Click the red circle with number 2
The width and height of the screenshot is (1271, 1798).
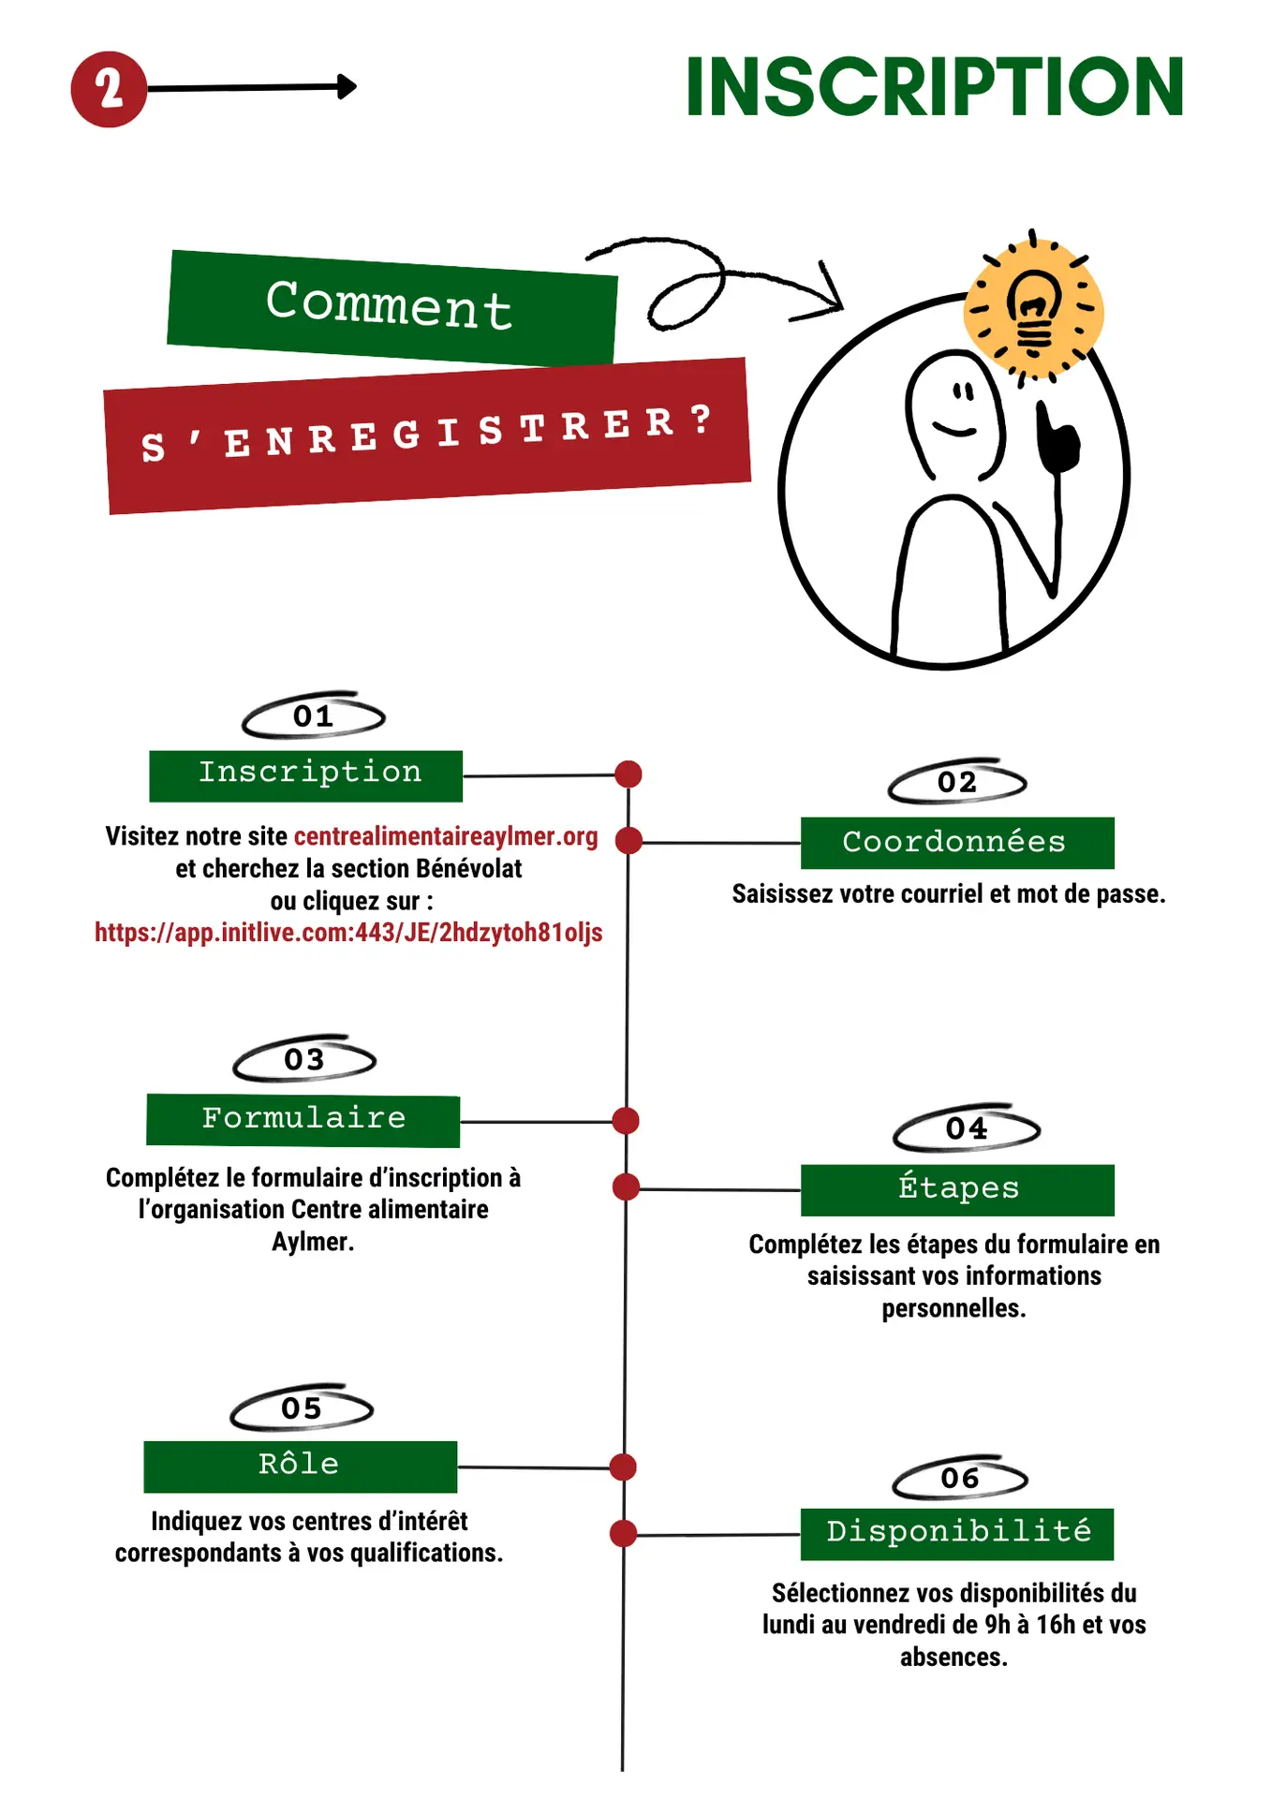pyautogui.click(x=109, y=90)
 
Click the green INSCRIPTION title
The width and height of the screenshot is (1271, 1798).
pyautogui.click(x=935, y=87)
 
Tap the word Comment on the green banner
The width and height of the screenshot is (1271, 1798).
pyautogui.click(x=389, y=304)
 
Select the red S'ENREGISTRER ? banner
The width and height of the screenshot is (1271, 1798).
pyautogui.click(x=426, y=435)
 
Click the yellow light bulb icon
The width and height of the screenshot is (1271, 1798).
pyautogui.click(x=1033, y=310)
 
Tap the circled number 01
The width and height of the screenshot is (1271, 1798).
pyautogui.click(x=313, y=716)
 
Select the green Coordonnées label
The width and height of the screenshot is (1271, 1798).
pyautogui.click(x=956, y=842)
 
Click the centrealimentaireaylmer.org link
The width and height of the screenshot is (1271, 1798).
pyautogui.click(x=446, y=836)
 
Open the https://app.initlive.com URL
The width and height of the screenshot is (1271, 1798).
pyautogui.click(x=348, y=933)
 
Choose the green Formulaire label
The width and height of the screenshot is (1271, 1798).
pyautogui.click(x=303, y=1119)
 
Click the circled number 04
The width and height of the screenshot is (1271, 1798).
pyautogui.click(x=966, y=1129)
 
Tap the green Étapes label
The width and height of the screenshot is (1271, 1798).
pyautogui.click(x=957, y=1189)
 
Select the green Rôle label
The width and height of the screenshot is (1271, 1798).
pyautogui.click(x=300, y=1466)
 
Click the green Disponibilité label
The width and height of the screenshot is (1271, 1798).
pyautogui.click(x=957, y=1533)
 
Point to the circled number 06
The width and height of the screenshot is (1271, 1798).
pyautogui.click(x=960, y=1479)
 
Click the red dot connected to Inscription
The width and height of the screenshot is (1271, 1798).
pyautogui.click(x=628, y=774)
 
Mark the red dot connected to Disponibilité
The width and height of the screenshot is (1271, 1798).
pyautogui.click(x=623, y=1534)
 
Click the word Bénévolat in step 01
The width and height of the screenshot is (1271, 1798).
pyautogui.click(x=468, y=869)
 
